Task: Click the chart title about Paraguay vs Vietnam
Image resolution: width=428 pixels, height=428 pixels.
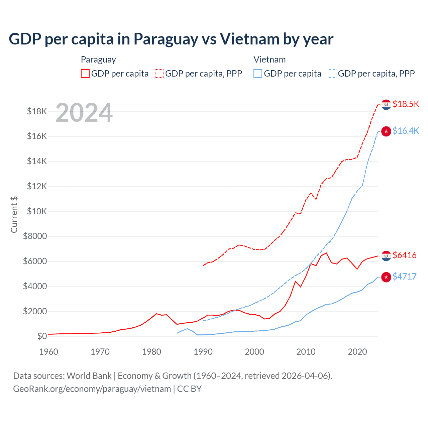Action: [x=171, y=39]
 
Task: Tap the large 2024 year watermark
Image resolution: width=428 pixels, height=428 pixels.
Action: [x=84, y=113]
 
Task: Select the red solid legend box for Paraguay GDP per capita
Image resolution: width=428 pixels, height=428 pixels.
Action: [x=85, y=74]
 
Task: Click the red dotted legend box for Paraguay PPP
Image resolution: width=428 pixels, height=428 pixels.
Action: [x=159, y=74]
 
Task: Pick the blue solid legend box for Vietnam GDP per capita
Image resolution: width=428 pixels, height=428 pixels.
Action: [x=258, y=74]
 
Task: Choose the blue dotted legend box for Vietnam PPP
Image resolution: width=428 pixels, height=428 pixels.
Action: [x=332, y=74]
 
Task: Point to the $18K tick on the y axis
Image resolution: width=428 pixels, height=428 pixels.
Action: [x=37, y=111]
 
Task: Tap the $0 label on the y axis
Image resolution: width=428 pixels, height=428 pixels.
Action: [x=42, y=336]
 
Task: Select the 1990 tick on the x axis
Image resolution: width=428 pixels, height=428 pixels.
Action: [x=203, y=352]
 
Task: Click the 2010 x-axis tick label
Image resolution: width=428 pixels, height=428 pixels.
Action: [x=306, y=352]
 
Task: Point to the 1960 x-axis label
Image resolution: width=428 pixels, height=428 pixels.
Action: [x=49, y=352]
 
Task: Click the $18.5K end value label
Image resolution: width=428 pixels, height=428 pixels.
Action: [x=406, y=104]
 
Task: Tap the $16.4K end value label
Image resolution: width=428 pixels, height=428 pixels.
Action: [x=406, y=131]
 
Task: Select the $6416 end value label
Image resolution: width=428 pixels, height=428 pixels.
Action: [x=405, y=255]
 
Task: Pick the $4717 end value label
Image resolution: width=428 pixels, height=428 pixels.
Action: [x=405, y=277]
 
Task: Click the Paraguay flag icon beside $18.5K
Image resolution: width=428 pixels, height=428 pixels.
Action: [x=386, y=105]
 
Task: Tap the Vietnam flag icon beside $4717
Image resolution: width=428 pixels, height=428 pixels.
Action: [x=386, y=277]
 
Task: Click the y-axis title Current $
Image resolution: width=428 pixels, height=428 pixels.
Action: [x=14, y=214]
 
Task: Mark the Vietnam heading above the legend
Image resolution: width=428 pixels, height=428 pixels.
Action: [x=270, y=60]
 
